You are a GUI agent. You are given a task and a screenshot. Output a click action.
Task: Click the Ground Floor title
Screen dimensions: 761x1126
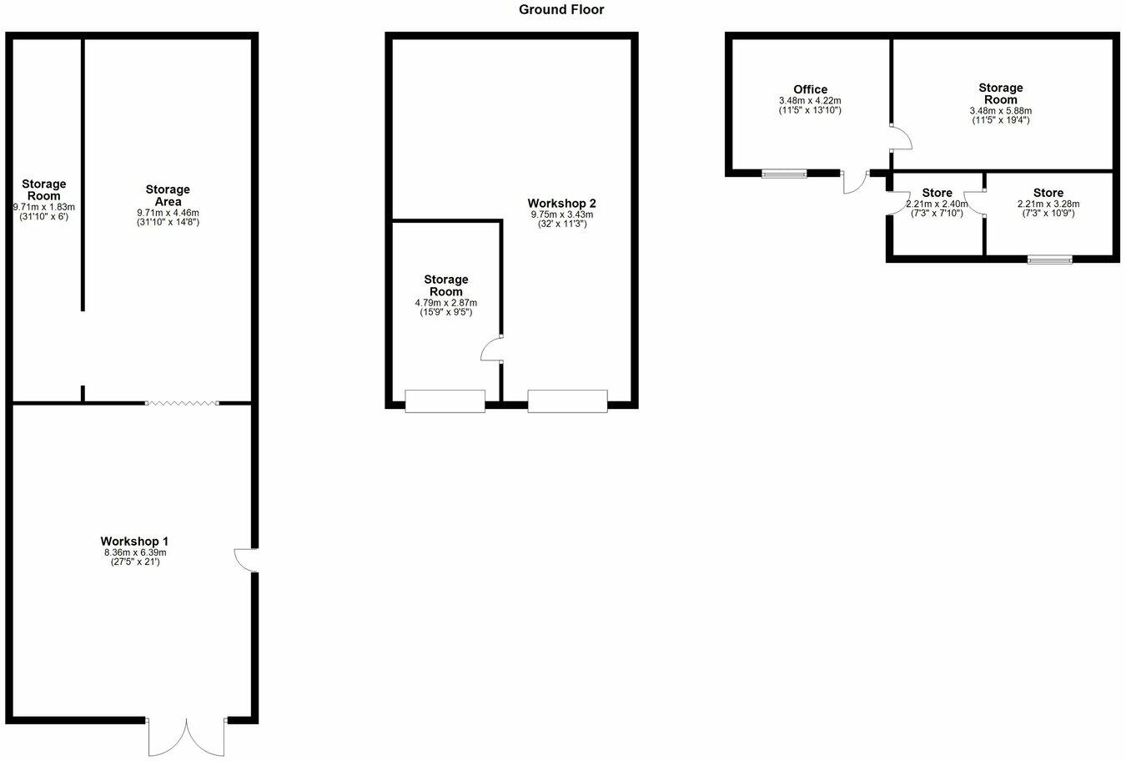561,10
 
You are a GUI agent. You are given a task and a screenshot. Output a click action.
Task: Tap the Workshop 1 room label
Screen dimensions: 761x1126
134,541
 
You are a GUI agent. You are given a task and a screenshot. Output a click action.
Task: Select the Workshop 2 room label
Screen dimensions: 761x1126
561,203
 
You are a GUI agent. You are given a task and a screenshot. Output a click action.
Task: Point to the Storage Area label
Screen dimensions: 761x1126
168,195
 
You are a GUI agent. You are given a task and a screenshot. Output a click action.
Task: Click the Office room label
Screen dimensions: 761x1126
810,89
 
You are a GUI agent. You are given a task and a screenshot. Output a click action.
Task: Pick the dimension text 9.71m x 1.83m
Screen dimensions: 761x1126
44,207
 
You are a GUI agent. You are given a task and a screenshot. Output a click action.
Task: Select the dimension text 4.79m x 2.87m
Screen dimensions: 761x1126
445,303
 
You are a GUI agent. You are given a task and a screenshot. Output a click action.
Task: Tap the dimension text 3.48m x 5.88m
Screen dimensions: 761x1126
1000,111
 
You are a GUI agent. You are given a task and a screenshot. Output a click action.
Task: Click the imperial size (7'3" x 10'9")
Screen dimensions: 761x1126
1048,213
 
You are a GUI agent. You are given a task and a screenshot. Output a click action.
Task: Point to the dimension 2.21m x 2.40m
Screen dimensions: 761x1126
937,204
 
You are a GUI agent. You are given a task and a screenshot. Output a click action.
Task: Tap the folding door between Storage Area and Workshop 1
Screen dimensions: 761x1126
182,403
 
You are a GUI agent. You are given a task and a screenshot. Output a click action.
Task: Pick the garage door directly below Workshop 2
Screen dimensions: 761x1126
567,401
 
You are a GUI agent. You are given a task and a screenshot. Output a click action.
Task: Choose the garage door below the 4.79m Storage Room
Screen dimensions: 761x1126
445,401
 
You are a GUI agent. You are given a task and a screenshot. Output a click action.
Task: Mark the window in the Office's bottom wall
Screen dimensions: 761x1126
784,174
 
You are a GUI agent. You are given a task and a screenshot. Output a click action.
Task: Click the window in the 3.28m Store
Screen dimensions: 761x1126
1049,260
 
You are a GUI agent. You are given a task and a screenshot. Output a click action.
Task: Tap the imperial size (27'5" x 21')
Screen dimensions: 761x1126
134,562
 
